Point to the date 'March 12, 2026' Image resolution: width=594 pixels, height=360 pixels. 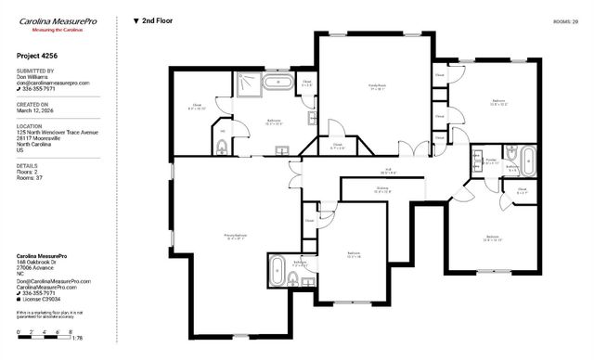36,111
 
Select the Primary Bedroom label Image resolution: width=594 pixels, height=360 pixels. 235,236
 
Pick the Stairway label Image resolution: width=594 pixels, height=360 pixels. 382,191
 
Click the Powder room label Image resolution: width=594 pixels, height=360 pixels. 484,161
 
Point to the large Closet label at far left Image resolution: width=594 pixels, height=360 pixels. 197,106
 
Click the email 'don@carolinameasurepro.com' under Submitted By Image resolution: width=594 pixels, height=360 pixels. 53,84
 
